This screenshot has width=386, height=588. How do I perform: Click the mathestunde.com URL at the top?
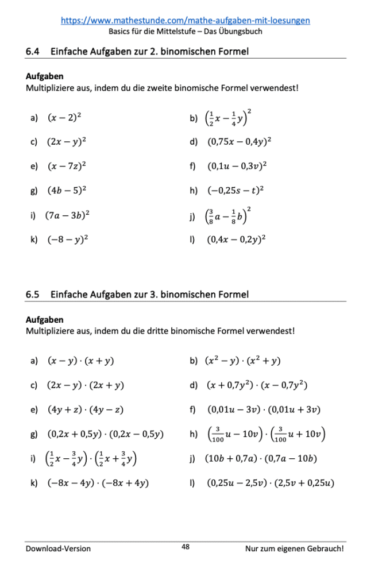coord(185,20)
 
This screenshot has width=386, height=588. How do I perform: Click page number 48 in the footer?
coord(186,547)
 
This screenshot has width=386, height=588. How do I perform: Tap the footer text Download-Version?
coord(58,548)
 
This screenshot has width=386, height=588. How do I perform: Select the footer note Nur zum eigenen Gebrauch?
coord(295,548)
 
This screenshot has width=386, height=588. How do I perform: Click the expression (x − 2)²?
coord(64,118)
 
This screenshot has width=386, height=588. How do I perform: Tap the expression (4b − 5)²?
coord(67,190)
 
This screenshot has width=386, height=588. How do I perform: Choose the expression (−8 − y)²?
coord(67,239)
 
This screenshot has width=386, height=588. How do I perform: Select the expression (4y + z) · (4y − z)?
coord(85,409)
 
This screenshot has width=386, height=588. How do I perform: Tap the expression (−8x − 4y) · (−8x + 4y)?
coord(98,483)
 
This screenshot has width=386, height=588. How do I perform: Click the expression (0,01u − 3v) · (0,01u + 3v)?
coord(264,409)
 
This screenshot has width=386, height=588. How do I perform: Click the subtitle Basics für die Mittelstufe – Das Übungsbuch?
coord(185,32)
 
